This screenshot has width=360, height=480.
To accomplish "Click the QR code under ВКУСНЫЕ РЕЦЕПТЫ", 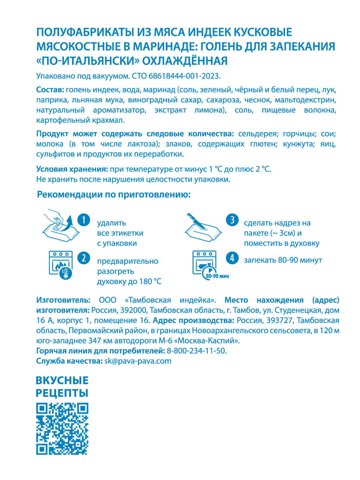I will [62, 429].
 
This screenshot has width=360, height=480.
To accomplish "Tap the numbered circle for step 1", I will [84, 220].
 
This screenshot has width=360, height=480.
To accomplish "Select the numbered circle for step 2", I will [84, 258].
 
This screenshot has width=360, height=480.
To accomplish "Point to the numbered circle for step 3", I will [232, 220].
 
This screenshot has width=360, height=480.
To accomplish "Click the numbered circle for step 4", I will [232, 258].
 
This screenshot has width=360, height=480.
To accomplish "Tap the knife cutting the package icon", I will [203, 227].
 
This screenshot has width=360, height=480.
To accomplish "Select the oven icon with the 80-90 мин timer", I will [206, 265].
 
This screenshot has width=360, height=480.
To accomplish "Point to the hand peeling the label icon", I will [57, 226].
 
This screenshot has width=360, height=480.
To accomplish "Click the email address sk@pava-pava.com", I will [138, 361].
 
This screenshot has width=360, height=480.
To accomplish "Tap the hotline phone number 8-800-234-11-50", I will [196, 351].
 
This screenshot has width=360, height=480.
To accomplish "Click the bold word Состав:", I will [50, 90].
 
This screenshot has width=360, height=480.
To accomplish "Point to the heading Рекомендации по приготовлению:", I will [114, 195].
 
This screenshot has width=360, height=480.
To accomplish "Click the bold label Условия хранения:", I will [72, 169].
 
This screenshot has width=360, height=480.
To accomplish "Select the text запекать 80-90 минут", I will [283, 260].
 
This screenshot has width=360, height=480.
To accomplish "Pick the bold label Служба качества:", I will [69, 361].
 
